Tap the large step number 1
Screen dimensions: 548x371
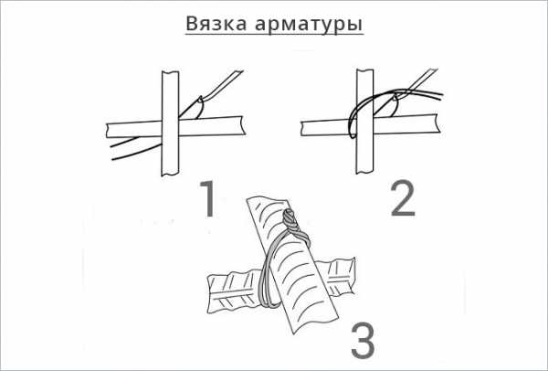206,198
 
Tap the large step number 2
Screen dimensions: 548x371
403,198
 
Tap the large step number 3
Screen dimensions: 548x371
363,341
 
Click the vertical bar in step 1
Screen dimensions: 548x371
170,123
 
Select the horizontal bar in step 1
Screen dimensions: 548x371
174,127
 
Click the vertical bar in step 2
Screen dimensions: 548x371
364,122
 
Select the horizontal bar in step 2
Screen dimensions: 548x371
370,125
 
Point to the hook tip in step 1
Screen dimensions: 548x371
201,99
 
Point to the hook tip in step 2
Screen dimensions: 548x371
395,95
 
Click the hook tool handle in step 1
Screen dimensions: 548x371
223,84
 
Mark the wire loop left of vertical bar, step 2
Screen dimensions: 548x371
353,119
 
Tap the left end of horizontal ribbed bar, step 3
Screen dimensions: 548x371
211,293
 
